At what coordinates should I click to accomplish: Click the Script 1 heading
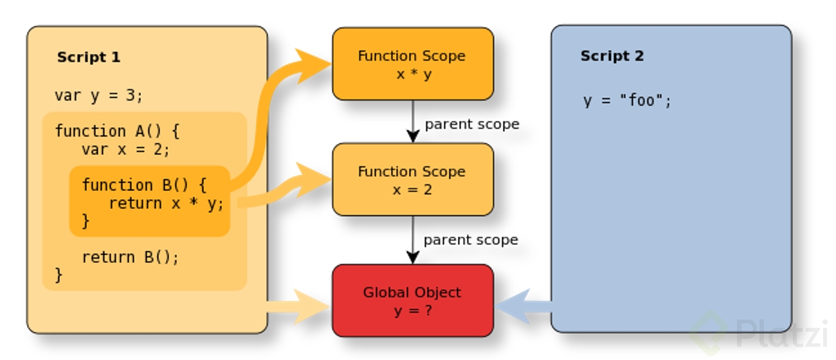point(89,57)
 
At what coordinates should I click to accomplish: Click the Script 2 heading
point(612,56)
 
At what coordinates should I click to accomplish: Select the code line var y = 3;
point(98,96)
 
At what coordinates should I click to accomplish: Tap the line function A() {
point(118,131)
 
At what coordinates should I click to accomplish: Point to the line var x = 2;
point(125,150)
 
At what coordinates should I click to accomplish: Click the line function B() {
point(144,185)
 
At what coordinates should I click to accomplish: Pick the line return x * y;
point(166,204)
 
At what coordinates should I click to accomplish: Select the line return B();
point(130,257)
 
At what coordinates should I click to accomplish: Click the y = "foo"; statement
point(627,101)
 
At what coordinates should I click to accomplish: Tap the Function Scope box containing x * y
point(413,64)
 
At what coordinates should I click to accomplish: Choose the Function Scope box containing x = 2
point(413,179)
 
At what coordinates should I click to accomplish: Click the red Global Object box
point(413,301)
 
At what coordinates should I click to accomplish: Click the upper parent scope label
point(471,124)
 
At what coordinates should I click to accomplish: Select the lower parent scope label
point(470,240)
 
